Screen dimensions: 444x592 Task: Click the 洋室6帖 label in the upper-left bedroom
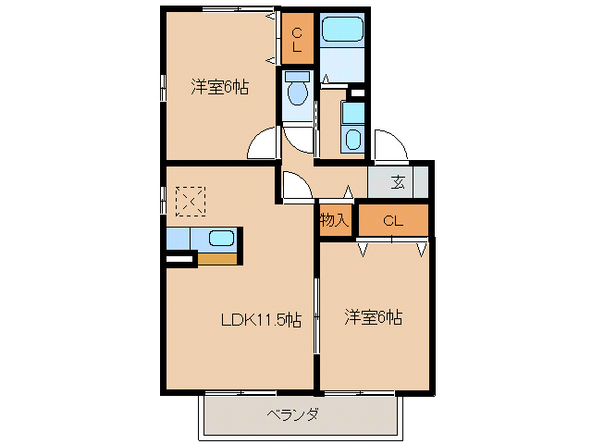click(219, 87)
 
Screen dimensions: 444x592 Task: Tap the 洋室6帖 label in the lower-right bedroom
click(373, 317)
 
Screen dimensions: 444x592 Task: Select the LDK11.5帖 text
click(261, 320)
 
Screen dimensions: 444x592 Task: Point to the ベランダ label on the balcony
click(293, 414)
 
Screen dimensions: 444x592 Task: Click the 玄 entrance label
click(398, 181)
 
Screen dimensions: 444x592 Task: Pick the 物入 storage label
click(335, 220)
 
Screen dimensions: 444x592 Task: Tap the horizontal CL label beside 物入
click(393, 220)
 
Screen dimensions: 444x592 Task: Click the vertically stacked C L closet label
click(297, 38)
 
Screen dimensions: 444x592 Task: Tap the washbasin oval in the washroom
click(352, 140)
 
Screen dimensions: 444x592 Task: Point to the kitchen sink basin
click(221, 238)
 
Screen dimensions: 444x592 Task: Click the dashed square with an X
click(191, 200)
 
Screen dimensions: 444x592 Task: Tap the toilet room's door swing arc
click(298, 138)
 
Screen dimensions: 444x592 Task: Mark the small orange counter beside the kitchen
click(217, 258)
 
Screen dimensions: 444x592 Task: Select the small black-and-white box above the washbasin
click(356, 92)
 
